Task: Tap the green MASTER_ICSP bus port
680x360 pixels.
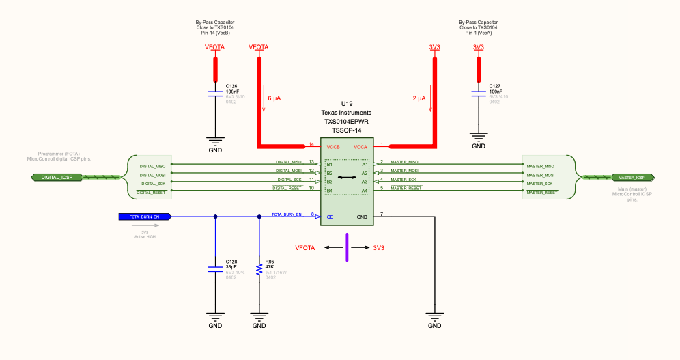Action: (x=630, y=178)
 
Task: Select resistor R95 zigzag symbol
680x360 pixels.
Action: (x=259, y=270)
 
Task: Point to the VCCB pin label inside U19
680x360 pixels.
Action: (x=333, y=147)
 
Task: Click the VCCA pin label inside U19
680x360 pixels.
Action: (x=360, y=147)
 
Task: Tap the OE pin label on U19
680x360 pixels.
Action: (x=330, y=217)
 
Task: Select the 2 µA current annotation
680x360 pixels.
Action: (x=419, y=98)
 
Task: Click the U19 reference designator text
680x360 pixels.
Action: (x=346, y=103)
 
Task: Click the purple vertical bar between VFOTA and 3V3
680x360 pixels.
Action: (x=347, y=247)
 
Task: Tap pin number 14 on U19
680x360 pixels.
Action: (x=311, y=144)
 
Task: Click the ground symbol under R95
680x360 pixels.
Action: (x=259, y=317)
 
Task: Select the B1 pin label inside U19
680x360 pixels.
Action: (x=330, y=165)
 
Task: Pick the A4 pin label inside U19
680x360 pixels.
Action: (x=365, y=191)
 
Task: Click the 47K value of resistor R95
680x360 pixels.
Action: (x=269, y=266)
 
